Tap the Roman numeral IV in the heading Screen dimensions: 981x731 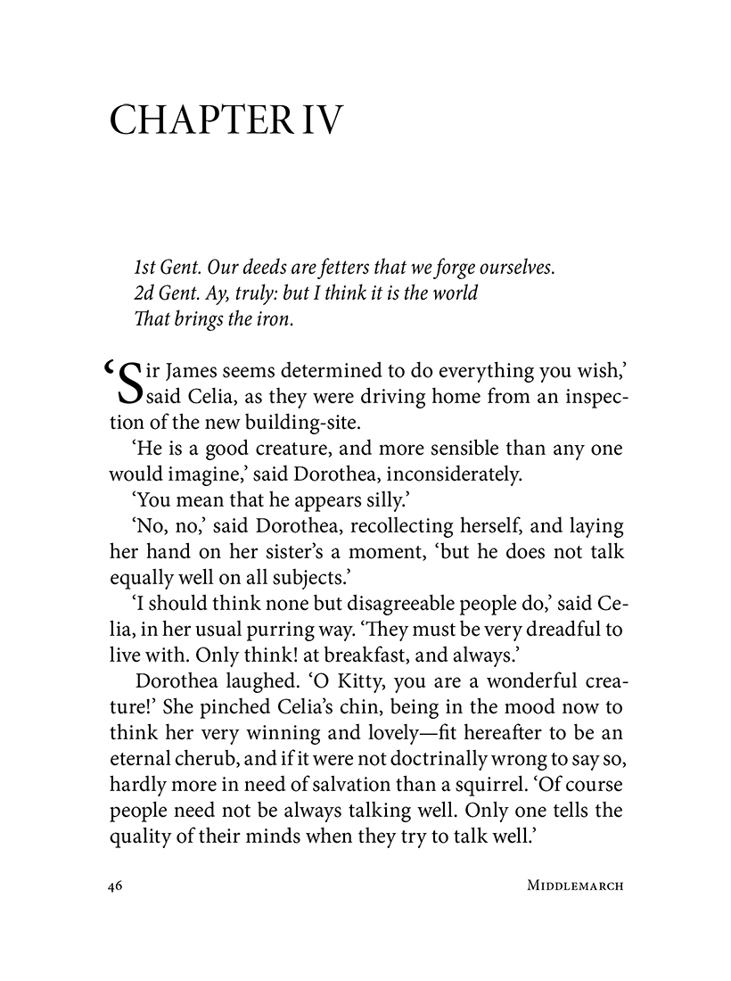[320, 120]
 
